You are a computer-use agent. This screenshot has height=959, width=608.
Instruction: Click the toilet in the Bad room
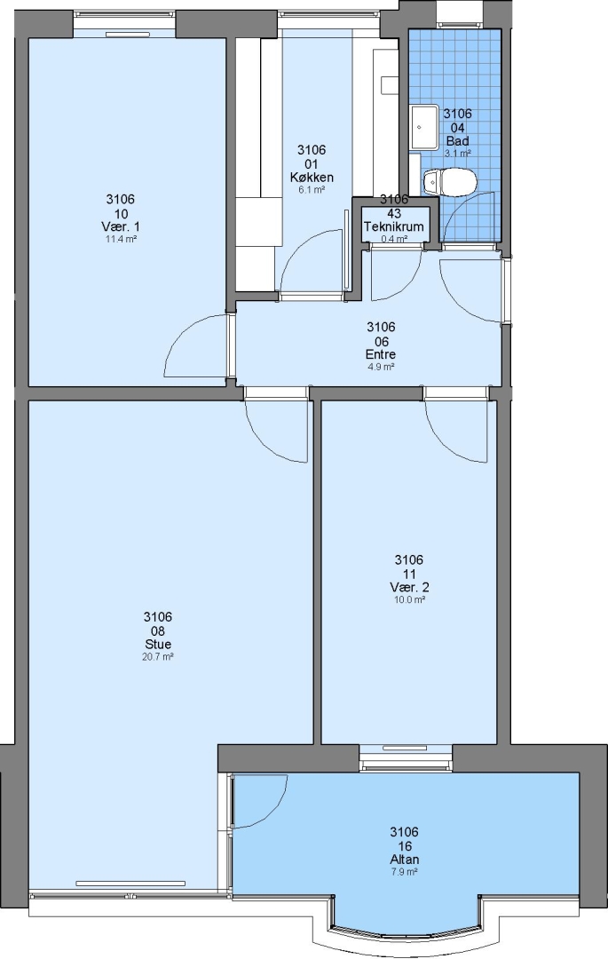tap(449, 182)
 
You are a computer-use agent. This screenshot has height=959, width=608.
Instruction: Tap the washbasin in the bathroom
tap(423, 127)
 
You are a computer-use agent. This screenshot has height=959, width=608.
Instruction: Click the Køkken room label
tap(312, 178)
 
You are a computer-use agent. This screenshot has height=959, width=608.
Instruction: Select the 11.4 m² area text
tap(121, 239)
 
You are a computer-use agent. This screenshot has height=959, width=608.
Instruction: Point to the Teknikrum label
tap(394, 226)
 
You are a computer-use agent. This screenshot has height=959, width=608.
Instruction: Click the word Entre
tap(381, 354)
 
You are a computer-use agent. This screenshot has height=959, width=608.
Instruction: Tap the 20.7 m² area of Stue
tap(158, 657)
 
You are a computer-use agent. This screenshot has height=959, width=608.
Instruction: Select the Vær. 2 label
tap(409, 587)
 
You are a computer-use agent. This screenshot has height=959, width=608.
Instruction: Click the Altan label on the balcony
tap(405, 860)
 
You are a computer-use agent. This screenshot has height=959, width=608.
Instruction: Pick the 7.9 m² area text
tap(405, 872)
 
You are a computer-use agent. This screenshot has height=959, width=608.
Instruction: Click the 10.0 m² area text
tap(409, 600)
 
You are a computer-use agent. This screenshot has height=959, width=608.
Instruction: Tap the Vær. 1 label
tap(121, 226)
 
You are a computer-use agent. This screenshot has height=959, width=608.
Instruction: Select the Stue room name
tap(158, 644)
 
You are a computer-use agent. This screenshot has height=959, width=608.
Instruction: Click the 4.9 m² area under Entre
tap(381, 367)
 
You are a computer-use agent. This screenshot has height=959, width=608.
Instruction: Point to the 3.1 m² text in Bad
tap(458, 154)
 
